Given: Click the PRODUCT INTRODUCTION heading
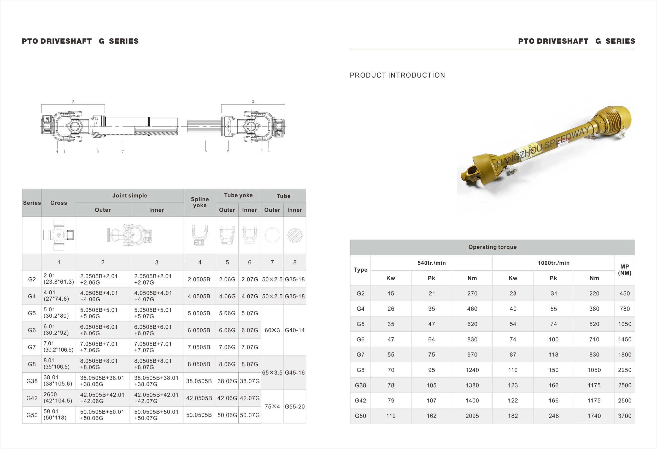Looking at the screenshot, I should click(397, 75).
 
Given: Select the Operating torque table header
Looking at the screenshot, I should click(492, 247).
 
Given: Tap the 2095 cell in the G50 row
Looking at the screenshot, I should click(472, 416).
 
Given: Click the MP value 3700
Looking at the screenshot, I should click(624, 416).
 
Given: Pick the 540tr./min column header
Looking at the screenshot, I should click(431, 263).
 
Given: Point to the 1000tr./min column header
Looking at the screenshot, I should click(553, 263).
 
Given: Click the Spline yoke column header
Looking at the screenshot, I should click(200, 202).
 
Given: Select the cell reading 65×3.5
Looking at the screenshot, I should click(272, 373).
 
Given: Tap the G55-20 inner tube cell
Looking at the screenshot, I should click(295, 407).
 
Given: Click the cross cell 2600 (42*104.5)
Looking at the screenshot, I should click(58, 398).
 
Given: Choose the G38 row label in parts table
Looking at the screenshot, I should click(32, 381).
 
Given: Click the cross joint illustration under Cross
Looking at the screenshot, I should click(59, 235).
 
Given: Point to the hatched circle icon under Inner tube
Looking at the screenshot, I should click(295, 235).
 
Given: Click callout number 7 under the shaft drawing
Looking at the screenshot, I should click(123, 151).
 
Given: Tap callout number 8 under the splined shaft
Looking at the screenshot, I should click(206, 151).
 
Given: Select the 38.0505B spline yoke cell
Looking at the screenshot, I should click(199, 381).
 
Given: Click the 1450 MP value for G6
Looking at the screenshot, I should click(624, 340).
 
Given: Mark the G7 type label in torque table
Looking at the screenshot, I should click(360, 354).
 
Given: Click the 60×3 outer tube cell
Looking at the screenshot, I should click(272, 330).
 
